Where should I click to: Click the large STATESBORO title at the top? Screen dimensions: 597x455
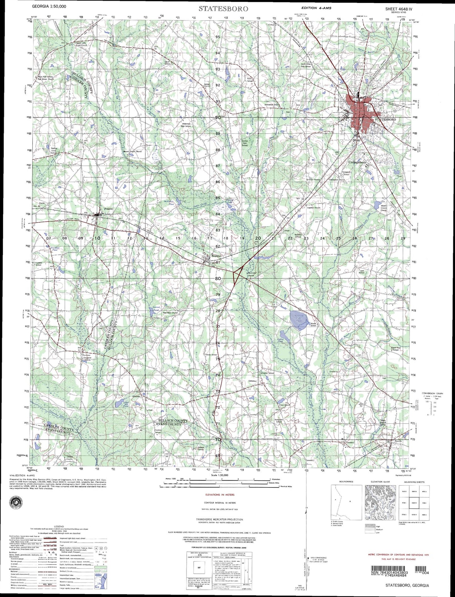pyautogui.click(x=223, y=9)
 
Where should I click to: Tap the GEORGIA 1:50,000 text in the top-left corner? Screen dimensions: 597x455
pyautogui.click(x=49, y=6)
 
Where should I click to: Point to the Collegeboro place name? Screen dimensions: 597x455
pyautogui.click(x=357, y=162)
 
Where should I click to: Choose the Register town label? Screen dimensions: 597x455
pyautogui.click(x=216, y=256)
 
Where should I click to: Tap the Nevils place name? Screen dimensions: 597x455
pyautogui.click(x=398, y=441)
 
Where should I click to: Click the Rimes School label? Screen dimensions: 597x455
pyautogui.click(x=313, y=325)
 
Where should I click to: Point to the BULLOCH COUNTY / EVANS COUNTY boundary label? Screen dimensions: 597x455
pyautogui.click(x=173, y=422)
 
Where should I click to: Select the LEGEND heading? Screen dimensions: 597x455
pyautogui.click(x=59, y=526)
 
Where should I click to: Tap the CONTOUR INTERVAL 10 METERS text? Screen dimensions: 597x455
pyautogui.click(x=219, y=503)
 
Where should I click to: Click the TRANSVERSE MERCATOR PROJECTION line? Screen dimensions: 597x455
pyautogui.click(x=219, y=520)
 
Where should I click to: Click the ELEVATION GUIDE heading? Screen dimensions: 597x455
pyautogui.click(x=380, y=482)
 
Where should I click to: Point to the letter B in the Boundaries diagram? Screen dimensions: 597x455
pyautogui.click(x=350, y=502)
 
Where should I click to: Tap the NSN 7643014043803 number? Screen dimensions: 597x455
pyautogui.click(x=389, y=572)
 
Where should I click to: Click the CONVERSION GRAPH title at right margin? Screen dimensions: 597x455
pyautogui.click(x=432, y=394)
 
